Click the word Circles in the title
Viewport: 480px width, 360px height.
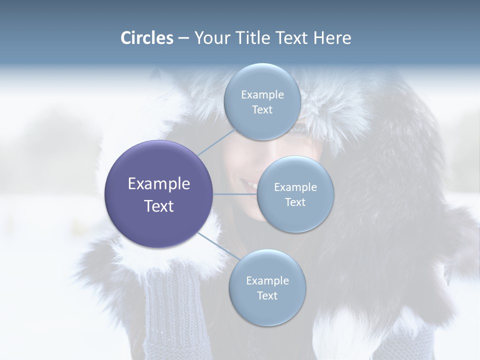(x=147, y=38)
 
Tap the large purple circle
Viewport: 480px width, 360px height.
(x=159, y=194)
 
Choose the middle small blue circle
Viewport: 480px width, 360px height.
(x=295, y=194)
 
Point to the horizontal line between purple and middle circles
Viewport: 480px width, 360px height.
(x=235, y=194)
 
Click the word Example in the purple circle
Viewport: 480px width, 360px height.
(x=159, y=184)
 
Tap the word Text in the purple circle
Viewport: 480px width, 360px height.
(x=159, y=206)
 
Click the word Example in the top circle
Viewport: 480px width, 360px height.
(x=262, y=94)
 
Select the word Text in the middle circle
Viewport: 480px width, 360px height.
(x=295, y=202)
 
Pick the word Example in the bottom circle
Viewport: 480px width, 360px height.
(x=267, y=280)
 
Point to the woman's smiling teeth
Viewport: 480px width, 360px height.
(x=248, y=184)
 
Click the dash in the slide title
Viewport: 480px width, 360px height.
(x=183, y=38)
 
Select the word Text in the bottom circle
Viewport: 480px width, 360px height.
(x=267, y=295)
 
